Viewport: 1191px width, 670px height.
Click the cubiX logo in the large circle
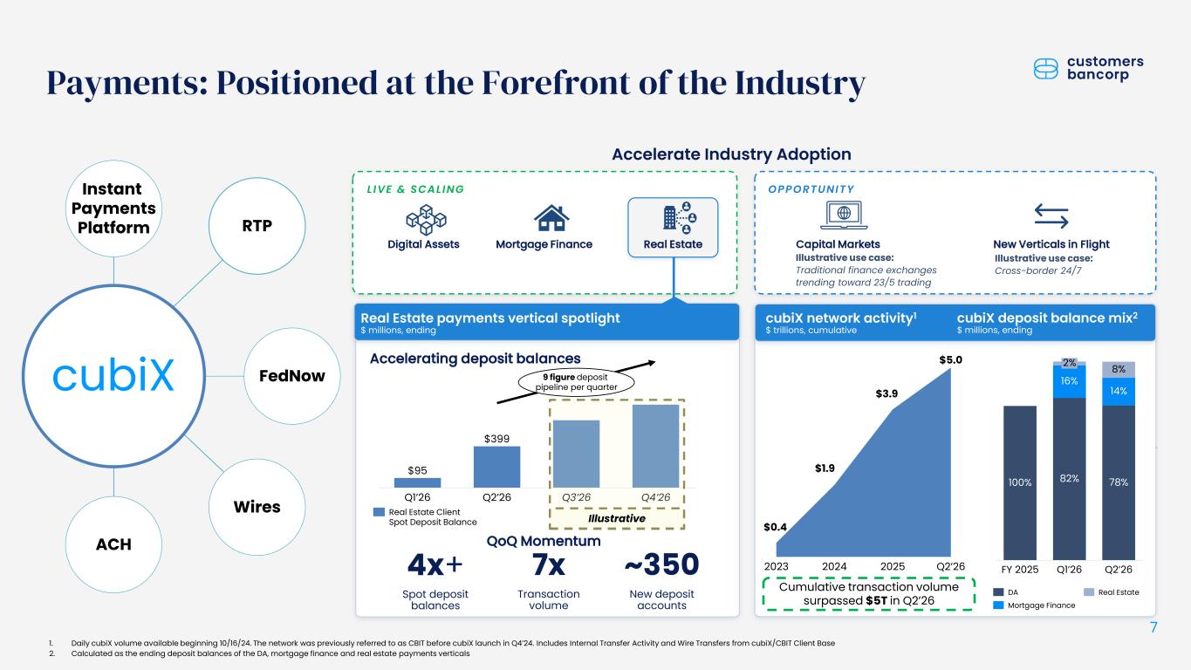tap(113, 375)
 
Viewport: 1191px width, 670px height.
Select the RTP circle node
tap(257, 226)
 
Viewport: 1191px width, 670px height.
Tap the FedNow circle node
tap(292, 376)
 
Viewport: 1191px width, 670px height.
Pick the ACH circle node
tap(113, 544)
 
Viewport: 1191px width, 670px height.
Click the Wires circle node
tap(257, 507)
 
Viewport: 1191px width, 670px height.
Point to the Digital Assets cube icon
tap(426, 220)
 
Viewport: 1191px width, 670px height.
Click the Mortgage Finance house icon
tap(551, 218)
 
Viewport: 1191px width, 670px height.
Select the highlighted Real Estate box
tap(673, 228)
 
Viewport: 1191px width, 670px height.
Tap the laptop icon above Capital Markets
tap(844, 215)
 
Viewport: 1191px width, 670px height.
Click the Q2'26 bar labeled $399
tap(496, 467)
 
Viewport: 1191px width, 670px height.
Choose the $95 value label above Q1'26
tap(417, 470)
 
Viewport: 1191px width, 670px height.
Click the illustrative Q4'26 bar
tap(655, 446)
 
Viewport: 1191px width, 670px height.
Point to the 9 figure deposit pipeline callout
tap(577, 382)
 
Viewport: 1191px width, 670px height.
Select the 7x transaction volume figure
tap(549, 564)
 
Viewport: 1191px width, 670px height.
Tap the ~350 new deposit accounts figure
tap(661, 564)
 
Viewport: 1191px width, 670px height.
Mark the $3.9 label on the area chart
tap(886, 393)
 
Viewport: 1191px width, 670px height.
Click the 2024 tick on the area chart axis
tap(834, 566)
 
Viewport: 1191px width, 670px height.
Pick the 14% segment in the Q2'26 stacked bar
tap(1119, 392)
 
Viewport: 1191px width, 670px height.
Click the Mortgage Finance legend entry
tap(1034, 605)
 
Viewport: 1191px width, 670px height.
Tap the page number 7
tap(1153, 627)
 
